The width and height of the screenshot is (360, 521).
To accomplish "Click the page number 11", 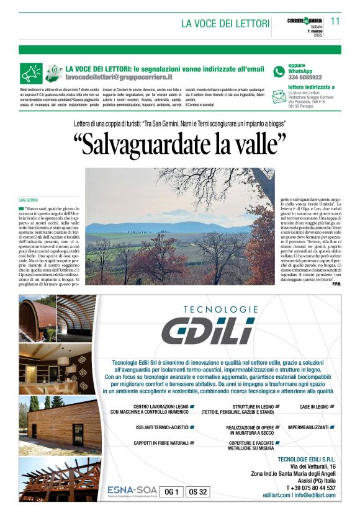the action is click(335, 21).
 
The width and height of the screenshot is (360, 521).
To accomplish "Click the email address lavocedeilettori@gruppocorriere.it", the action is click(119, 79).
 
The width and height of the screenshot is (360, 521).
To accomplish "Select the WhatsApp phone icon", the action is click(279, 72).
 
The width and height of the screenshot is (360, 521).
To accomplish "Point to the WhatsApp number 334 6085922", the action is click(305, 78).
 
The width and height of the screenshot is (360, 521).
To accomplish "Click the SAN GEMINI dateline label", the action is click(29, 200).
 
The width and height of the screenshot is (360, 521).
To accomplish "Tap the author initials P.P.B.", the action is click(336, 283).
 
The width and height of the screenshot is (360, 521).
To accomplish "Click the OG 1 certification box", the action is click(171, 492).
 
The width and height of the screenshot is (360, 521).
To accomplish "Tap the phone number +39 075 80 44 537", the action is click(312, 488).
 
